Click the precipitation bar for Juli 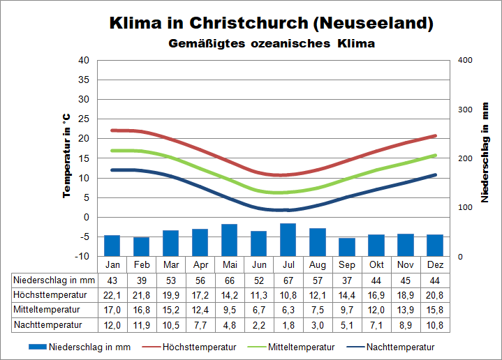(288, 240)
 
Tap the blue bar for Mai (229, 240)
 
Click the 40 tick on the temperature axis (84, 60)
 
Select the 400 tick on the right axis (466, 60)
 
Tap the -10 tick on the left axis (82, 257)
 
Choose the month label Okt (376, 265)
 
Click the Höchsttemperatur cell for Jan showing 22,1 (112, 294)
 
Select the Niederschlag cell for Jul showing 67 (288, 280)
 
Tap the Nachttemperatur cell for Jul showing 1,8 (288, 324)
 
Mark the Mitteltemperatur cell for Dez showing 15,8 (435, 309)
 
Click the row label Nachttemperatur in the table (48, 324)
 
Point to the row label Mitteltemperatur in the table (48, 309)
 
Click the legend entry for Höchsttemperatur (199, 347)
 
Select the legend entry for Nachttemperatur (401, 347)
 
